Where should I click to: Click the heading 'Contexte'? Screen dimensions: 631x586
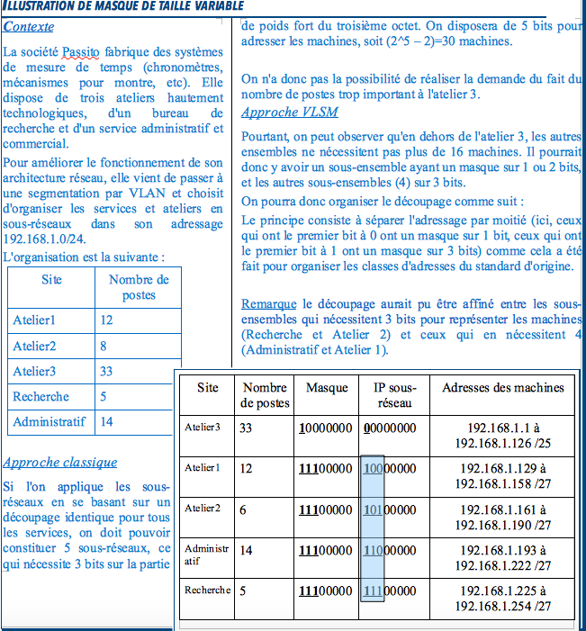tap(29, 27)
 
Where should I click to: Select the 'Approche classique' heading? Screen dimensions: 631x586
tap(60, 462)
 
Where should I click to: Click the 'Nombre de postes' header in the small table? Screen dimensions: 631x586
tap(138, 287)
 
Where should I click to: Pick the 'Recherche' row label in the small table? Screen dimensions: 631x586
tap(41, 396)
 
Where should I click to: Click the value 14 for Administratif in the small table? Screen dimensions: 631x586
tap(108, 421)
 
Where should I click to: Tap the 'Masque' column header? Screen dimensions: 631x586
tap(327, 387)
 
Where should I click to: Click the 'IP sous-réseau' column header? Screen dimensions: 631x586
tap(394, 395)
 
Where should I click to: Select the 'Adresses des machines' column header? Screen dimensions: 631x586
tap(503, 387)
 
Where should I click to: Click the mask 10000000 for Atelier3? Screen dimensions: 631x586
tap(327, 428)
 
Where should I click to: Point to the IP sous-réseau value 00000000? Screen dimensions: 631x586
tap(390, 428)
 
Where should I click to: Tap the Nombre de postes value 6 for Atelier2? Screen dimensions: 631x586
tap(245, 509)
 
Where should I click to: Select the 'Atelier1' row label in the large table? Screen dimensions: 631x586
tap(202, 468)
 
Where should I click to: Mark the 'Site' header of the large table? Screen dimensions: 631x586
tap(207, 387)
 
